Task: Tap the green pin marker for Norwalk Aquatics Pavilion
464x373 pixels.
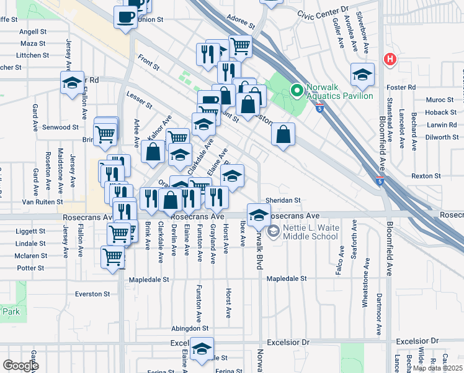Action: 297,91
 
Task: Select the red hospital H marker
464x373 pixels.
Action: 390,60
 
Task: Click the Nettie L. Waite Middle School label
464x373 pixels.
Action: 311,233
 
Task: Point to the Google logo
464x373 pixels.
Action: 20,365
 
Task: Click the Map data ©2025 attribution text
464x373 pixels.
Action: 437,368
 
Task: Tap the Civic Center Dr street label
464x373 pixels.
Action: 323,12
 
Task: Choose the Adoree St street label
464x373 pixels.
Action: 241,22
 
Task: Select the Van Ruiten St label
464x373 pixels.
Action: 42,202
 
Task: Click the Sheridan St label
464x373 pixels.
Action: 283,201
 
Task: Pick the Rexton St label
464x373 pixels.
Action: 426,176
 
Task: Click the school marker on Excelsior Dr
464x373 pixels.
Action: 202,349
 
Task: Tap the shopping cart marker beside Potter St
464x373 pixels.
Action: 112,257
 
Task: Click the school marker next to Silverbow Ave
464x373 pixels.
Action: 362,75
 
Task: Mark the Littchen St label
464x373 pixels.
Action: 33,55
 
